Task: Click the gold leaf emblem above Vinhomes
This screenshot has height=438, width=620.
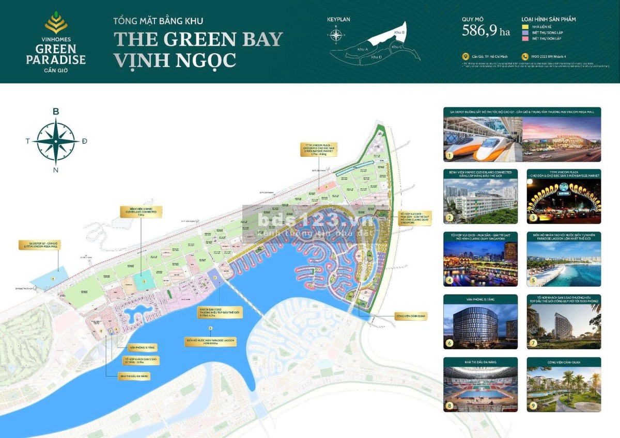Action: [x=56, y=23]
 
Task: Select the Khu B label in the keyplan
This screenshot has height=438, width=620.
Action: [x=399, y=33]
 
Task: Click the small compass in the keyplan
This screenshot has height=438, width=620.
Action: [x=336, y=35]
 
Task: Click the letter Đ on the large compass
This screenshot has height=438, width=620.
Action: [x=84, y=141]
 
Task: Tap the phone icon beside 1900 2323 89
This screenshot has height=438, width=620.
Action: [x=525, y=57]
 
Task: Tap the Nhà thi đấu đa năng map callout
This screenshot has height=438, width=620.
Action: [x=134, y=377]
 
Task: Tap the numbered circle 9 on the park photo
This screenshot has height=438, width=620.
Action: [x=532, y=405]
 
